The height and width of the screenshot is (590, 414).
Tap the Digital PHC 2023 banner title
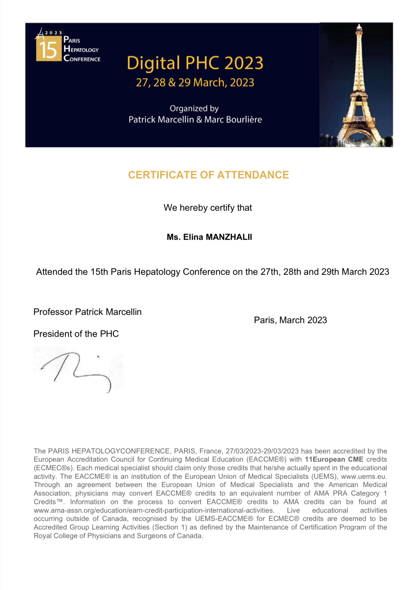coord(195,63)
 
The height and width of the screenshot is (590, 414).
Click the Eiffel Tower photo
coord(356,85)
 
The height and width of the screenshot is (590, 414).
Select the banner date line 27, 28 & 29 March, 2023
coord(195,83)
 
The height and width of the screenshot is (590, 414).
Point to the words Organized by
coord(194,108)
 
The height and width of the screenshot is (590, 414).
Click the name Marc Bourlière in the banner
coord(233,120)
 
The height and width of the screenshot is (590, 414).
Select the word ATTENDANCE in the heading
coord(253,175)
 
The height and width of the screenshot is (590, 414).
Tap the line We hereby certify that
coord(208,208)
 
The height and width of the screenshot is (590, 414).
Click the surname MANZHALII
coord(229,237)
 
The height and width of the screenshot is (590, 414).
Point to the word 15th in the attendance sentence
coord(99,272)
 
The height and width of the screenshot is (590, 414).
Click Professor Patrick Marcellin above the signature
coord(87,312)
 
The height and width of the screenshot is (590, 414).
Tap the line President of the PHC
coord(76,334)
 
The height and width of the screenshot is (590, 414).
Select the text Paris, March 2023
coord(290,320)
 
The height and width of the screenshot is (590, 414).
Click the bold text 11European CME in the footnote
coord(334,459)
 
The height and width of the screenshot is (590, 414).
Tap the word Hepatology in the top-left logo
coord(81,50)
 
